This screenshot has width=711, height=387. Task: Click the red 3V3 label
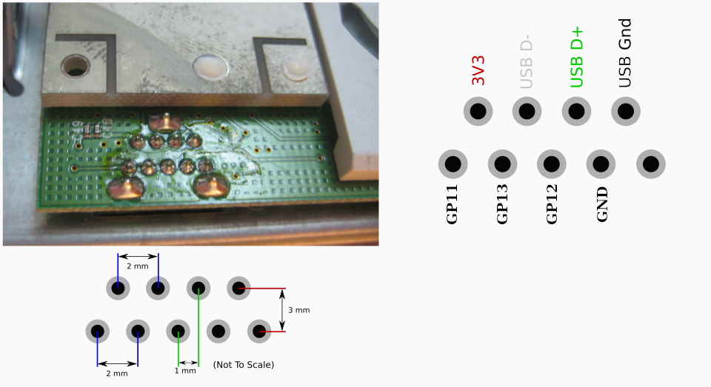tap(478, 70)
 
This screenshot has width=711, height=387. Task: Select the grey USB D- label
tap(527, 61)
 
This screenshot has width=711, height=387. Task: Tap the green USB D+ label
tap(576, 57)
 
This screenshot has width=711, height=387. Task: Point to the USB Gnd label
tap(625, 53)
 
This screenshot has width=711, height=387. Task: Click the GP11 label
tap(452, 204)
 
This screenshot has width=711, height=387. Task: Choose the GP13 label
tap(502, 204)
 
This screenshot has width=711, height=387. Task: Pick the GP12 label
tap(551, 204)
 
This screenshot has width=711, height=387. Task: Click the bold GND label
tap(601, 204)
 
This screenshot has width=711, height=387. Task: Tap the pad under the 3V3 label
tap(478, 111)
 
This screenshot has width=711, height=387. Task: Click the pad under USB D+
tap(576, 111)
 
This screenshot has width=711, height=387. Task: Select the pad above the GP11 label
tap(453, 164)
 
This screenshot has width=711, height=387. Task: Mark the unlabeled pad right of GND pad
tap(651, 164)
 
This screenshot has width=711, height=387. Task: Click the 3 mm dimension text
tap(298, 311)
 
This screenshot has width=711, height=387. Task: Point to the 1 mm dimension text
tap(185, 371)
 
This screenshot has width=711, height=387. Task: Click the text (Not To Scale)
tap(244, 365)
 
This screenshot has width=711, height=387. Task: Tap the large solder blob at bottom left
tap(124, 188)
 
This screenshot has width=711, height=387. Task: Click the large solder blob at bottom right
tap(211, 186)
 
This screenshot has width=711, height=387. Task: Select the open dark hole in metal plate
tap(76, 66)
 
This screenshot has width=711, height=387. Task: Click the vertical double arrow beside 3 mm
tap(282, 310)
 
